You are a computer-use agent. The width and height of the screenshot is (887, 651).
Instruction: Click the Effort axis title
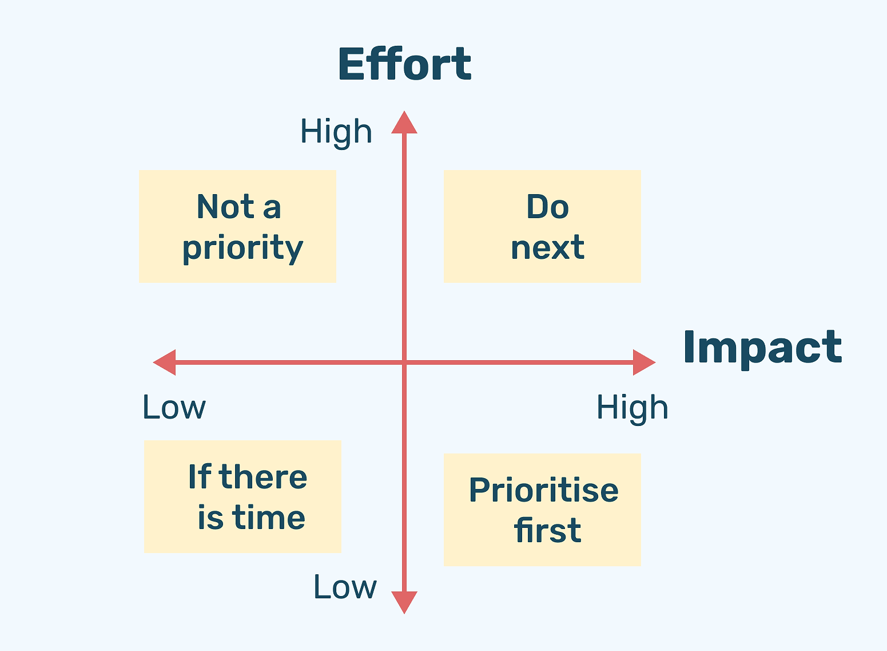405,64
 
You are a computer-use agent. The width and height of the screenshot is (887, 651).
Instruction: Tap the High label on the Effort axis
336,133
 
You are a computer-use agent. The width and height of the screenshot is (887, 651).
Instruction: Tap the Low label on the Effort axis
345,587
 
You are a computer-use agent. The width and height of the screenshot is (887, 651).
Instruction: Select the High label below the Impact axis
633,409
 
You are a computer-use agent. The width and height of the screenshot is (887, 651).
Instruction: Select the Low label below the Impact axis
174,407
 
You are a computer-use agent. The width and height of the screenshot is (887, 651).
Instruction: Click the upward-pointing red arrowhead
404,123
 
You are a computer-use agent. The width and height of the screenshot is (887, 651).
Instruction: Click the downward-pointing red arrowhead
404,602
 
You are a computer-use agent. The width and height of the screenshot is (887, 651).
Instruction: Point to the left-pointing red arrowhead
165,362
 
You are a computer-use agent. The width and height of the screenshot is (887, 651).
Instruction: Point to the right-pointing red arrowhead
645,362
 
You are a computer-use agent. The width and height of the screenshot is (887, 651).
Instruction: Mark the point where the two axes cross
404,362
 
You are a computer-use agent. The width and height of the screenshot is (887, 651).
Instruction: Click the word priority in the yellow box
242,249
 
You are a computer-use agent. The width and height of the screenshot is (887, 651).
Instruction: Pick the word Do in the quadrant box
548,207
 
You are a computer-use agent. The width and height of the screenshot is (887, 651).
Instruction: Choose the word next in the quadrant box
548,248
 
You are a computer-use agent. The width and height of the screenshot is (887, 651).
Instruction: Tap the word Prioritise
544,490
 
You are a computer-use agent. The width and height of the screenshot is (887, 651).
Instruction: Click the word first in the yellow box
548,530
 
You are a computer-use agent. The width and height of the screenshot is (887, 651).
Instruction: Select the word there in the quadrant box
262,476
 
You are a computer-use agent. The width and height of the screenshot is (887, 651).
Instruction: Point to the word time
269,518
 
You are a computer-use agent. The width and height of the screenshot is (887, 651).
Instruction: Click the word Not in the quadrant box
225,206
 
